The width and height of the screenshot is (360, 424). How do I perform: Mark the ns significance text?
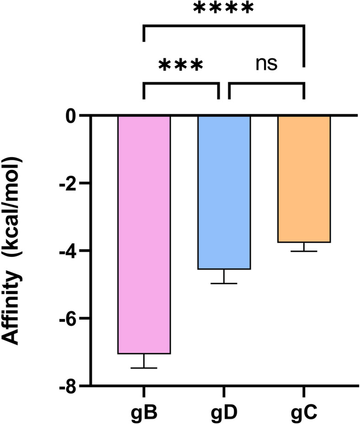coord(266,64)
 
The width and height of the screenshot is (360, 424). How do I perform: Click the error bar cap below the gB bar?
coord(144,368)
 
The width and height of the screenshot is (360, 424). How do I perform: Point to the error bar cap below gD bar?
coord(224,283)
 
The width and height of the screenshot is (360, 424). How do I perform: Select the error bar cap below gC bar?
coord(304,251)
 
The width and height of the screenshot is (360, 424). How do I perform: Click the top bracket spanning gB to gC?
coord(224,27)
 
